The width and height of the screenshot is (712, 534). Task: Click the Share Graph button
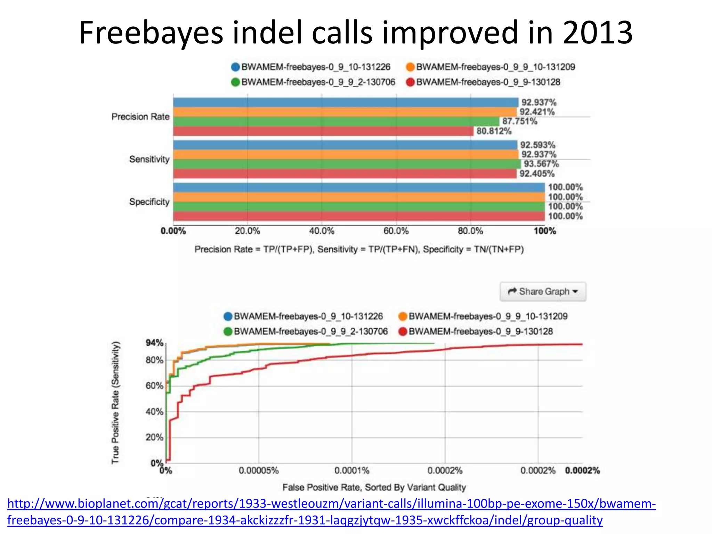(x=543, y=291)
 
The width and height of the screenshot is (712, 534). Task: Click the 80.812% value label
(x=494, y=131)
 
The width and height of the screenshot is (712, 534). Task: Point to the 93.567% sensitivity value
(x=541, y=164)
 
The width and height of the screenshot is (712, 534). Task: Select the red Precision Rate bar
(x=323, y=131)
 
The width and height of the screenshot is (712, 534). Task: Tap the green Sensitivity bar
(x=347, y=164)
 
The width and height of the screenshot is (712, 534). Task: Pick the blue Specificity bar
(x=359, y=187)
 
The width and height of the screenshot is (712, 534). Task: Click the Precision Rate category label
(x=140, y=116)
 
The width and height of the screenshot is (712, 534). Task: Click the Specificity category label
(x=149, y=202)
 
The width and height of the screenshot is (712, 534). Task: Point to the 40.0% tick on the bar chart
(x=322, y=231)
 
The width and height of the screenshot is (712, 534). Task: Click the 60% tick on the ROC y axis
(x=154, y=386)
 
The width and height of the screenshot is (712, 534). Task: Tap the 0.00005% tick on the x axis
(x=259, y=470)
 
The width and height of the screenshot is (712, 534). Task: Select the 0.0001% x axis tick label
(x=352, y=470)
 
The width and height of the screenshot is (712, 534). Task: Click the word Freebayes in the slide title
(x=151, y=33)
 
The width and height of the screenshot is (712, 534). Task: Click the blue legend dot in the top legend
(x=235, y=67)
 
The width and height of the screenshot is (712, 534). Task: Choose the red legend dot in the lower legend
(x=403, y=331)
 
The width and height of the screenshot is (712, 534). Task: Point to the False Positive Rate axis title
(x=374, y=487)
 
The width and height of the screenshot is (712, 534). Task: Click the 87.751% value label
(x=519, y=121)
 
